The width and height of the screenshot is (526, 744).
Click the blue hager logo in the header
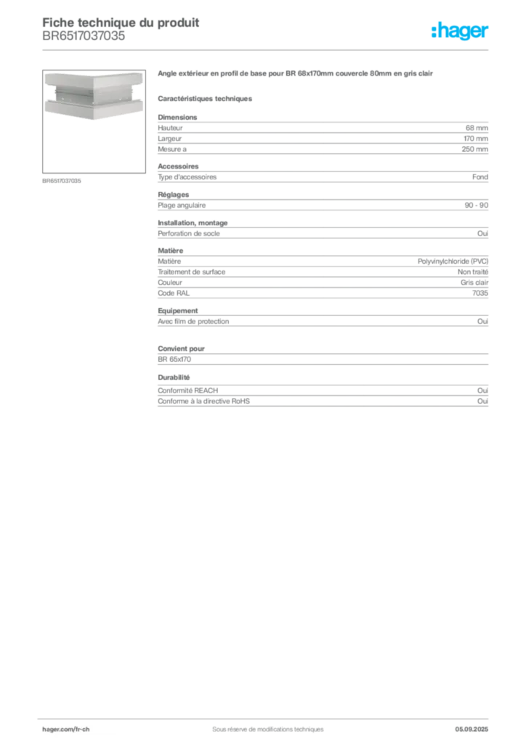pyautogui.click(x=461, y=32)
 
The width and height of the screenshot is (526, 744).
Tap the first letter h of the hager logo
pyautogui.click(x=434, y=31)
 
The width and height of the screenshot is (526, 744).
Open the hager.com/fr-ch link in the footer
pyautogui.click(x=81, y=729)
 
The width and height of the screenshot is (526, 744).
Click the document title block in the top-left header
pyautogui.click(x=120, y=29)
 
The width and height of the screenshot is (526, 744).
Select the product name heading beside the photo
pyautogui.click(x=296, y=75)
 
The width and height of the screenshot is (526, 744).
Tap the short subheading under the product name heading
pyautogui.click(x=206, y=97)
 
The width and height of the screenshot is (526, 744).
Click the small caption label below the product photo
pyautogui.click(x=64, y=180)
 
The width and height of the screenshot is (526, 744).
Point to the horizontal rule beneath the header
pyautogui.click(x=267, y=49)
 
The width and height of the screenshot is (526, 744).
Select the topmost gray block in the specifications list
pyautogui.click(x=322, y=134)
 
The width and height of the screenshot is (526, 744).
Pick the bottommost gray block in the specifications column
pyautogui.click(x=322, y=397)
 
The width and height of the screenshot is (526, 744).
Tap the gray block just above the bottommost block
pyautogui.click(x=322, y=356)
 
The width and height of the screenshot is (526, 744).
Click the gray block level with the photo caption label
pyautogui.click(x=322, y=177)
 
